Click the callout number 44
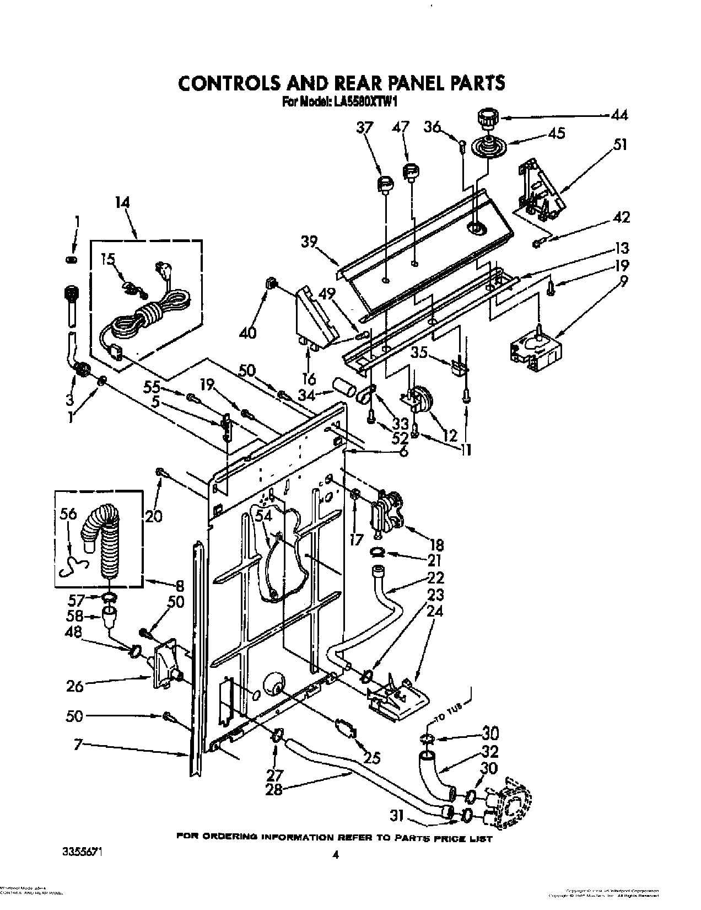619,115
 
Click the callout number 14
122,203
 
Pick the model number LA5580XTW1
364,101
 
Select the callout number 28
274,789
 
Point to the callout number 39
309,242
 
